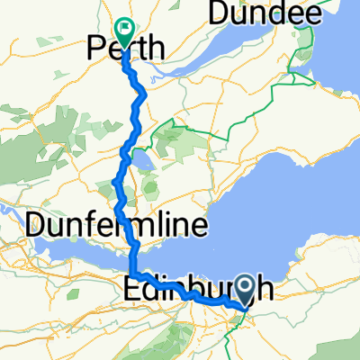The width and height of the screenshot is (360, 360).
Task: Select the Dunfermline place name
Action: (x=117, y=225)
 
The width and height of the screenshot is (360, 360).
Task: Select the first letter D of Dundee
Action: (x=217, y=13)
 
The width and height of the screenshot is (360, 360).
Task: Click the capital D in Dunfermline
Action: (x=35, y=225)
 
